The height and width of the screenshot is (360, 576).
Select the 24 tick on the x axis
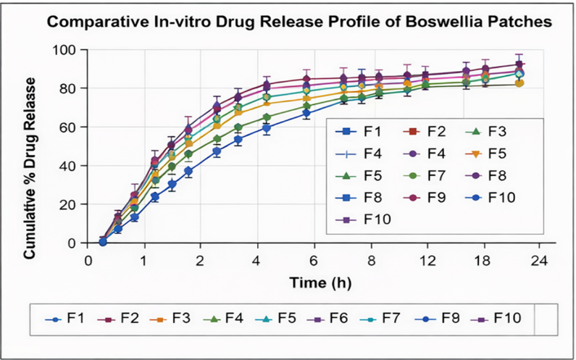tap(539, 261)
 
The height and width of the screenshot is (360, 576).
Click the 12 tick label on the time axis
tap(426, 261)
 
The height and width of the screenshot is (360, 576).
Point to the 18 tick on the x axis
tap(483, 261)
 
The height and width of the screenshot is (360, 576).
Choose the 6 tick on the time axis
tap(313, 261)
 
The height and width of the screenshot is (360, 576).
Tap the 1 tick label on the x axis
tap(144, 261)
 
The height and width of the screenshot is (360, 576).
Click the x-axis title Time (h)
tap(320, 282)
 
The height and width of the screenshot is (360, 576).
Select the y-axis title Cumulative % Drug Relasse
tap(30, 168)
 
